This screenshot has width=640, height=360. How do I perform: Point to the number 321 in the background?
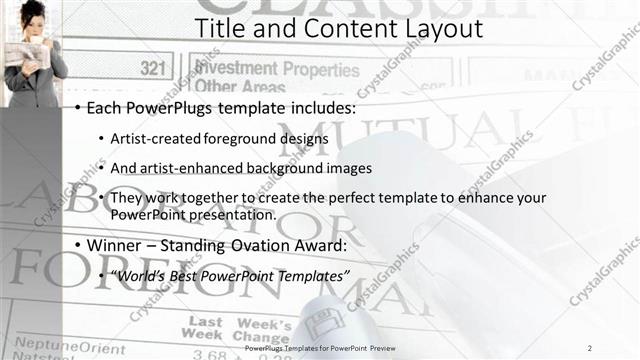tap(153, 69)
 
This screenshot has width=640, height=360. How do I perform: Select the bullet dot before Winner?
tap(79, 246)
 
